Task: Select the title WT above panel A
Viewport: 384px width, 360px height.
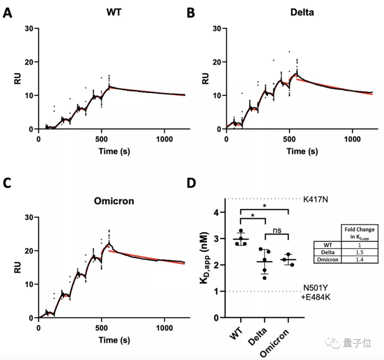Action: (113, 12)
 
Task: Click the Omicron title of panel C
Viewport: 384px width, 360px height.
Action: (114, 201)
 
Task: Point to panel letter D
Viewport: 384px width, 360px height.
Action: (192, 183)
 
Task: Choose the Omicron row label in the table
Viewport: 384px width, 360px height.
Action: (327, 259)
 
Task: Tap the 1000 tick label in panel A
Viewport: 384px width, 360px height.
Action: (165, 138)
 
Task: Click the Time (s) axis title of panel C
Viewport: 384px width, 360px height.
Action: (114, 340)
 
